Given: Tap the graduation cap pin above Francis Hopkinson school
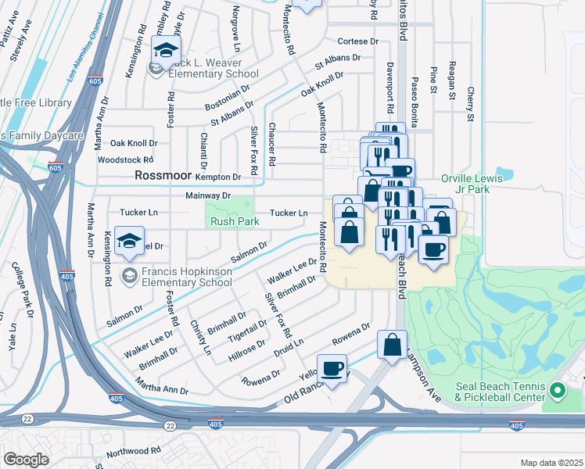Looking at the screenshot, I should [130, 242].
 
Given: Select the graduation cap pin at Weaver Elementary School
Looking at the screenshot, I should [166, 52].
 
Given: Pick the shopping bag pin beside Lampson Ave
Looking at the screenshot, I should [393, 345].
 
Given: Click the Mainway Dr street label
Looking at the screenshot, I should [208, 195].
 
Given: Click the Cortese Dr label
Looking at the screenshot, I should [357, 41].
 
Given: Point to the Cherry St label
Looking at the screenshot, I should [470, 104].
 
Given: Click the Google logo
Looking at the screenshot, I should [27, 460].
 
